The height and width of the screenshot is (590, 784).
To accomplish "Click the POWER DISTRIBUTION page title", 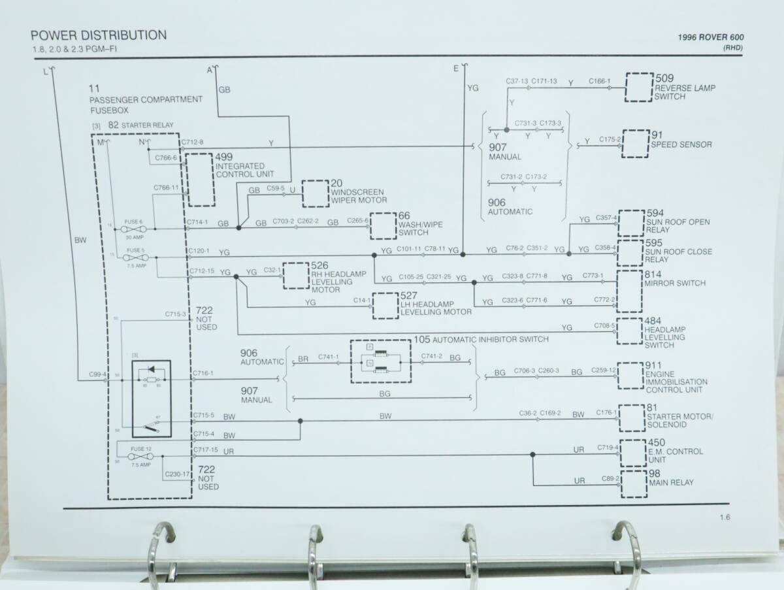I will coord(99,35).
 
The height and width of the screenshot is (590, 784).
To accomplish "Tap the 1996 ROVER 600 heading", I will coord(710,38).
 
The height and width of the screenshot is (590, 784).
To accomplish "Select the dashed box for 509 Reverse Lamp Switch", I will coord(639,86).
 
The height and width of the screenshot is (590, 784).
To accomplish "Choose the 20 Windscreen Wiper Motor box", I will coord(315,193).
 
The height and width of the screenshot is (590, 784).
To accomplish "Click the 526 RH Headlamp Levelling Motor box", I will coord(295,276).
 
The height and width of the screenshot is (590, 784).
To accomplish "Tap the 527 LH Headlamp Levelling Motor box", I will coord(385,306).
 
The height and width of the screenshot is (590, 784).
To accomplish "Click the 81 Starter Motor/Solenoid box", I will coord(631,418).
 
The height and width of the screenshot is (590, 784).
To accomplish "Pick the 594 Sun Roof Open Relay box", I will coord(631,223).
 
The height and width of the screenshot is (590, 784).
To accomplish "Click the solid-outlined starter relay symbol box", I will coord(152,398).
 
